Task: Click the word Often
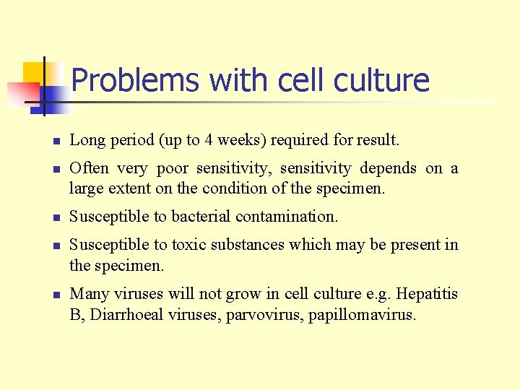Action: (89, 168)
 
